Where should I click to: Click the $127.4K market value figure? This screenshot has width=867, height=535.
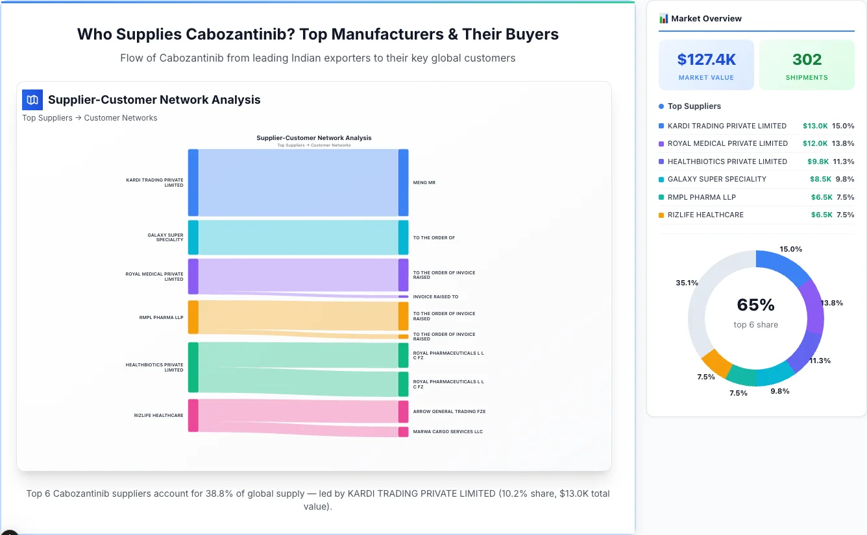coord(706,60)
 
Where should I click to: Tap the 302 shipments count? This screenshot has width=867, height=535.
coord(807,60)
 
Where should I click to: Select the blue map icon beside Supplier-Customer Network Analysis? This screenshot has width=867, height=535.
coord(32,100)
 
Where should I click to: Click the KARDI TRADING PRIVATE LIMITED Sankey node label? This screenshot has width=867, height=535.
coord(155,182)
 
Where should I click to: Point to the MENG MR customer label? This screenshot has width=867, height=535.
coord(424,183)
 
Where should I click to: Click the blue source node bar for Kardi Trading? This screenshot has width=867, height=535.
coord(193,182)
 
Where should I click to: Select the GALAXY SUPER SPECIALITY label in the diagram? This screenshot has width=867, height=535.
coord(165,237)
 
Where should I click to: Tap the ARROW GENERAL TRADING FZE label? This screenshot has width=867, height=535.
coord(449,412)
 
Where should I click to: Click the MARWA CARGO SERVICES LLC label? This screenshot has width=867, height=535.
coord(448,432)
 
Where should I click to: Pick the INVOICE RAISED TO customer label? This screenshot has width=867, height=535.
coord(435,297)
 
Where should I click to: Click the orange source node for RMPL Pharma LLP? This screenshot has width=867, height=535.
coord(193,317)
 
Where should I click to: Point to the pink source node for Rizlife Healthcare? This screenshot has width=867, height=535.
coord(193,415)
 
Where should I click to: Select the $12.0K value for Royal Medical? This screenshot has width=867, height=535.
coord(814,143)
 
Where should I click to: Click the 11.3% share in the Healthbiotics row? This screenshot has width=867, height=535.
coord(844,161)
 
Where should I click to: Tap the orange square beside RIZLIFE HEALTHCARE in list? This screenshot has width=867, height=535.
coord(661,215)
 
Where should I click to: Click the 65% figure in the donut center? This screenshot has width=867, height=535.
coord(756,305)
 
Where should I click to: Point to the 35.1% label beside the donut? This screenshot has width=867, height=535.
coord(687,283)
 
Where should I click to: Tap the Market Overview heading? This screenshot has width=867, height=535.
coord(706,19)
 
